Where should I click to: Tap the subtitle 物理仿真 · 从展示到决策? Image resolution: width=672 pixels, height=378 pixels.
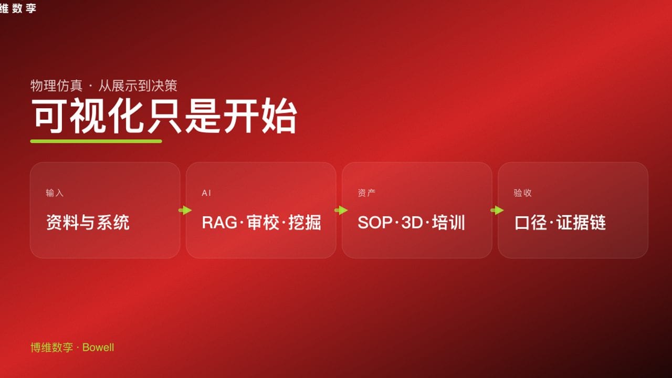coord(103,86)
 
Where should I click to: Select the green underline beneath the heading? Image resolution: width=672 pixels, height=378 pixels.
coord(96,141)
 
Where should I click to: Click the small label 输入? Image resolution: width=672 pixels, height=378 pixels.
coord(55,193)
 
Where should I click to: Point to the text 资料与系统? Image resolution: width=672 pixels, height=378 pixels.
coord(88,223)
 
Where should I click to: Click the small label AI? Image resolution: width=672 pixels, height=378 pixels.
coord(206,193)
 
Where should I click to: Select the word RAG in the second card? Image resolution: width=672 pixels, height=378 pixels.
coord(219,223)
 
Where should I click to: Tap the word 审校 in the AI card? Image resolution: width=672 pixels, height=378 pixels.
coord(262,223)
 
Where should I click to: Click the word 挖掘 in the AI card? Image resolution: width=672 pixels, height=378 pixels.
coord(305,223)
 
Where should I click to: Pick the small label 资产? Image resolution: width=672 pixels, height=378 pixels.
coord(366,193)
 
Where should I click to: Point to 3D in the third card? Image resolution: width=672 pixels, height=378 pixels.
coord(412,223)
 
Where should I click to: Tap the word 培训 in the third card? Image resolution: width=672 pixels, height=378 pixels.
coord(449,223)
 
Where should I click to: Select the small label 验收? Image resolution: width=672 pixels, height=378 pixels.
coord(522,193)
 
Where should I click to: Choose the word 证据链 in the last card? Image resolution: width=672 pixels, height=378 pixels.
coord(582,223)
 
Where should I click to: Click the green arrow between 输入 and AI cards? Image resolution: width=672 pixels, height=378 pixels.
coord(185,211)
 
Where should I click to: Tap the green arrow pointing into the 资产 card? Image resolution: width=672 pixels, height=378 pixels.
coord(341,211)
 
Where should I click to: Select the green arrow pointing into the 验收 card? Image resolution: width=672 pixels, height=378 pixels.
coord(497,211)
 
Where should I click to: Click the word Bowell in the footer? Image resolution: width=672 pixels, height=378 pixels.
coord(98,348)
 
